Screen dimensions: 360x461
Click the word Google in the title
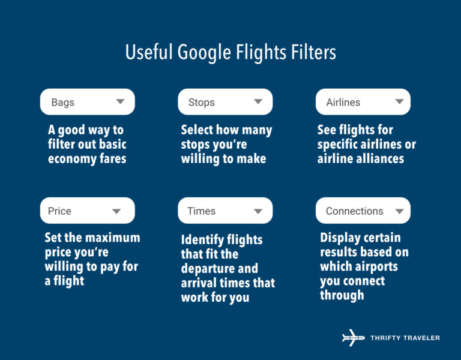[202, 52]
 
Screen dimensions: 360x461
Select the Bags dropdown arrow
[120, 102]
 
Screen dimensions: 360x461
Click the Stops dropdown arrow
[258, 102]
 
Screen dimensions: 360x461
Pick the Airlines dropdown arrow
[399, 102]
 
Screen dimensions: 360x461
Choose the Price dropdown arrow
[116, 211]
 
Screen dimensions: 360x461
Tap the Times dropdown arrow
[258, 211]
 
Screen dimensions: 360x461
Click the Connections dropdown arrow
[399, 211]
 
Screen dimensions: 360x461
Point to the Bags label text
[62, 103]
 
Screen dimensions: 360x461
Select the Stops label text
[201, 103]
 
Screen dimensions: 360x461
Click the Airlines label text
[343, 103]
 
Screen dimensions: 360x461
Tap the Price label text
[59, 211]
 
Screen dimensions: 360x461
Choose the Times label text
[201, 211]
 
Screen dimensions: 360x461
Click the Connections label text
[354, 211]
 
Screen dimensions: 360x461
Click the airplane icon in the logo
[353, 338]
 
